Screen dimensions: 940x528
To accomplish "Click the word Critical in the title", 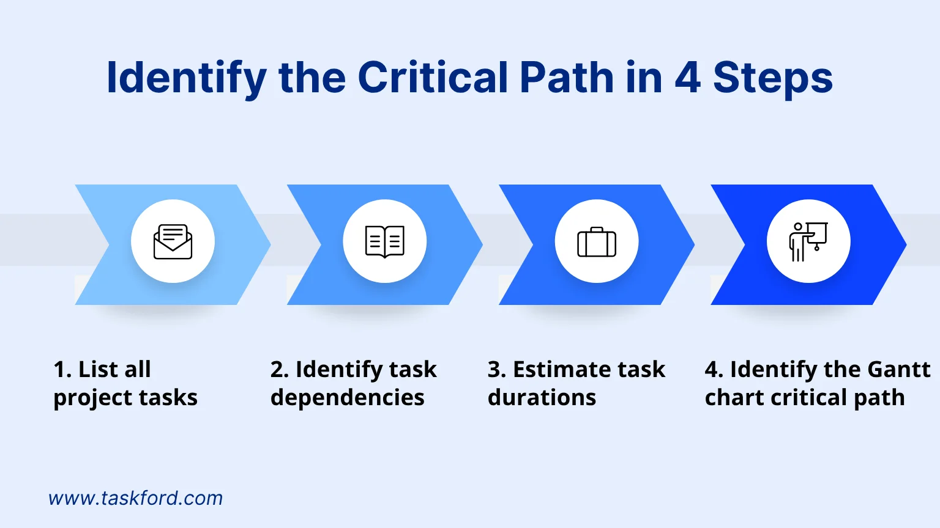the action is (433, 78).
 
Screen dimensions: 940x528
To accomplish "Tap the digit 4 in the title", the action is (688, 78).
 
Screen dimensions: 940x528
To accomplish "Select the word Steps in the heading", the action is (773, 79).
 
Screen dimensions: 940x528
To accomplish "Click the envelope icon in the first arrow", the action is (173, 242).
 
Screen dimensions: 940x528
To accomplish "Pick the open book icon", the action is (385, 242).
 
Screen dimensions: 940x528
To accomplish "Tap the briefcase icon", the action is (597, 242).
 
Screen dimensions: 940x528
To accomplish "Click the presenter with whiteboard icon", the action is (808, 242).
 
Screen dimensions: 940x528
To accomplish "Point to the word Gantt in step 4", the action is (899, 370).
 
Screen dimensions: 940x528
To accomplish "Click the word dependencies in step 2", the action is (348, 398).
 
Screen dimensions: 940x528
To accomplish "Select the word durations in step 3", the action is (542, 397).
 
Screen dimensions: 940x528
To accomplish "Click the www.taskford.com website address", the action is (135, 498).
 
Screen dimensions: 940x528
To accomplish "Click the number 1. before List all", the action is (63, 370).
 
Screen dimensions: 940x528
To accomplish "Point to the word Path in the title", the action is (567, 78).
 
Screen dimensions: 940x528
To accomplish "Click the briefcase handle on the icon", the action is (597, 229).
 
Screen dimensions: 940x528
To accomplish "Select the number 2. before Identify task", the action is (280, 370).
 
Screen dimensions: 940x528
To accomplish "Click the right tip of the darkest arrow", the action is (906, 244).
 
